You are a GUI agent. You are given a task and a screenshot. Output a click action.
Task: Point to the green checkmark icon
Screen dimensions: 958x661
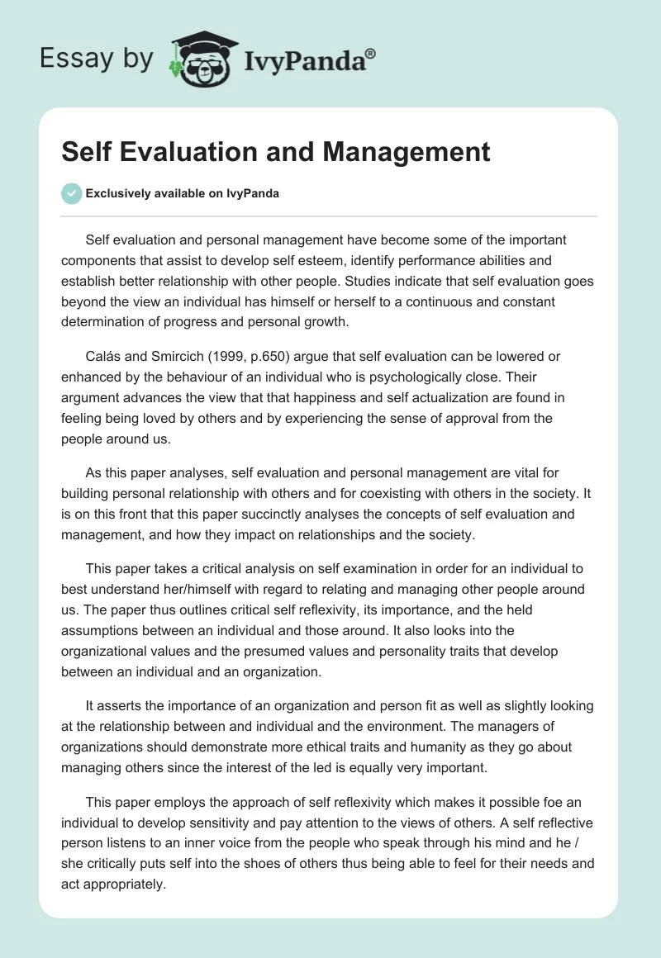point(71,193)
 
